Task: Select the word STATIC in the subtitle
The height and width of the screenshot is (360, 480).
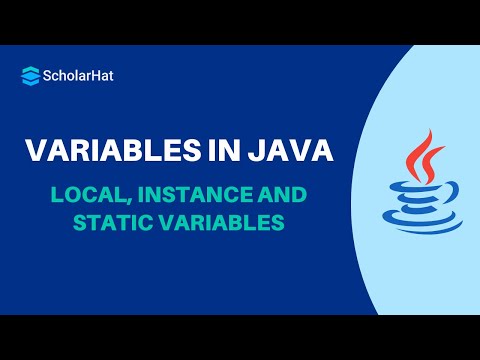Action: click(x=111, y=223)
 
